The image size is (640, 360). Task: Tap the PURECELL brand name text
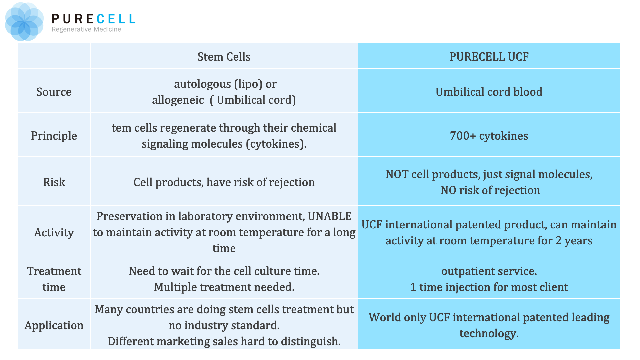tap(93, 19)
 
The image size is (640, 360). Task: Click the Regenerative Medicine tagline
tap(86, 29)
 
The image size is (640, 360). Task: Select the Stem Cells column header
tap(224, 57)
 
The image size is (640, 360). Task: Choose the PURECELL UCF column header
tap(489, 57)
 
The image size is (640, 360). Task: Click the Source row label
tap(54, 92)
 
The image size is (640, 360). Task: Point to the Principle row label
tap(54, 136)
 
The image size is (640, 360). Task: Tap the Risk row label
tap(54, 182)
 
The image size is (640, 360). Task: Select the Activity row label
tap(54, 232)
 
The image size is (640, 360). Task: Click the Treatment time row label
tap(54, 279)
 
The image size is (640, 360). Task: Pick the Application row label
tap(54, 325)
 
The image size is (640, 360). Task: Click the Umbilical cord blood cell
tap(489, 92)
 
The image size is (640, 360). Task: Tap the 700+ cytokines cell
tap(489, 136)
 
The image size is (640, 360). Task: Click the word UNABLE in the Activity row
tap(329, 216)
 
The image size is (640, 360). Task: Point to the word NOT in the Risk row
tap(397, 174)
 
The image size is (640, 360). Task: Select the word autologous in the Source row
tap(202, 84)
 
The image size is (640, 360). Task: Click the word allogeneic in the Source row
tap(178, 100)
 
